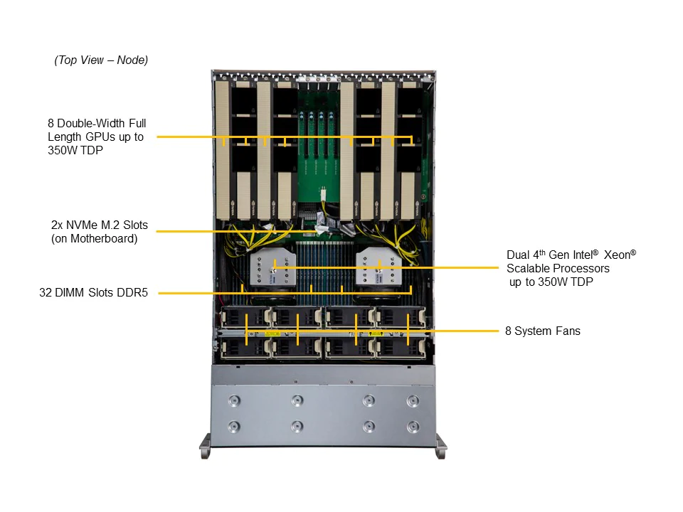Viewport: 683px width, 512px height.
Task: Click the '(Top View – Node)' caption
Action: [101, 60]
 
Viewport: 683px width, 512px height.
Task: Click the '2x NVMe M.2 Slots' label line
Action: [100, 225]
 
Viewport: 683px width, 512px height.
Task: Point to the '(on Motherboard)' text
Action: [94, 239]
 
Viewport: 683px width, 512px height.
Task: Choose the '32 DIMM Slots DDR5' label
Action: [94, 292]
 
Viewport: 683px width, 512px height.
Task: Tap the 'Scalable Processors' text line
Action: [558, 268]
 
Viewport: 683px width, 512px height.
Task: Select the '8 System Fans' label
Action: [543, 331]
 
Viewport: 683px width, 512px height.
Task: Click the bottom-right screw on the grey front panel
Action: [413, 427]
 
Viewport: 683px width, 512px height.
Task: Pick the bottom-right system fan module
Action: [401, 348]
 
